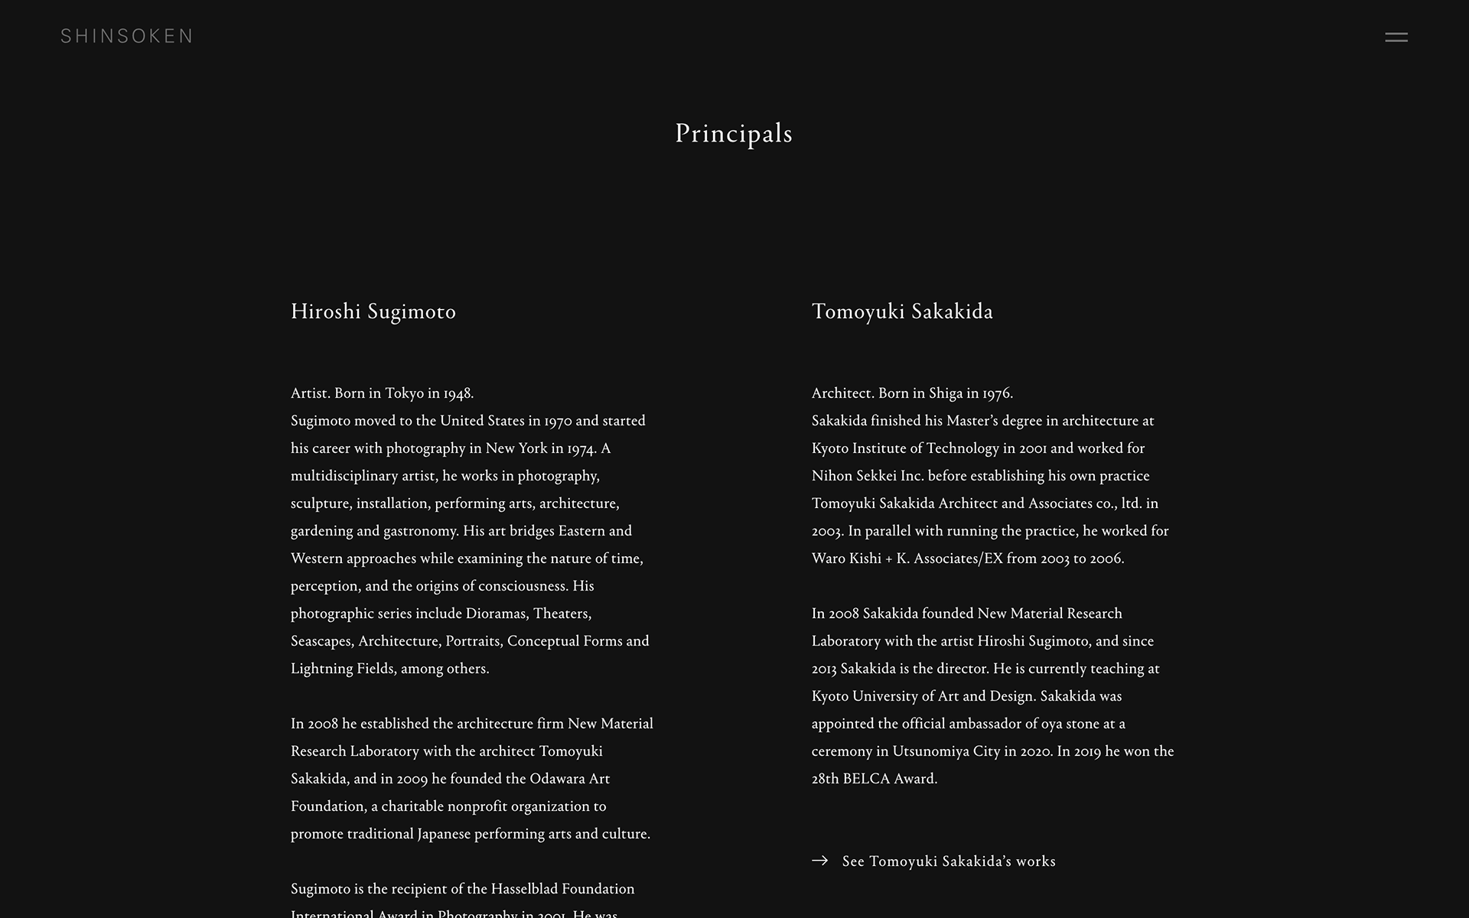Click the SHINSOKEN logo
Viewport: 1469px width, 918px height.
127,36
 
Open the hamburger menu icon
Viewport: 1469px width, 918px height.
1396,37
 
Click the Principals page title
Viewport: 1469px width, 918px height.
734,134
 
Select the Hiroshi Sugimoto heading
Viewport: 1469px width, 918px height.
373,311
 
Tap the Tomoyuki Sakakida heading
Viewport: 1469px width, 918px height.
902,311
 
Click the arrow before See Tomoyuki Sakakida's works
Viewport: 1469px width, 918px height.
819,861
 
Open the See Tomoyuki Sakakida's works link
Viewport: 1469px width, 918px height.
949,861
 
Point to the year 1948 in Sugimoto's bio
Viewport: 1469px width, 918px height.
458,394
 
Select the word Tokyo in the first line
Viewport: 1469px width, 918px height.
404,393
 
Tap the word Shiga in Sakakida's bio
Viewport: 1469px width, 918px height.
945,394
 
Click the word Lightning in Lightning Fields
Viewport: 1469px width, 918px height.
322,669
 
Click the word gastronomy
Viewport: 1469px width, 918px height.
420,532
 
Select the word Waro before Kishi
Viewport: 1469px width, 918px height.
828,558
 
